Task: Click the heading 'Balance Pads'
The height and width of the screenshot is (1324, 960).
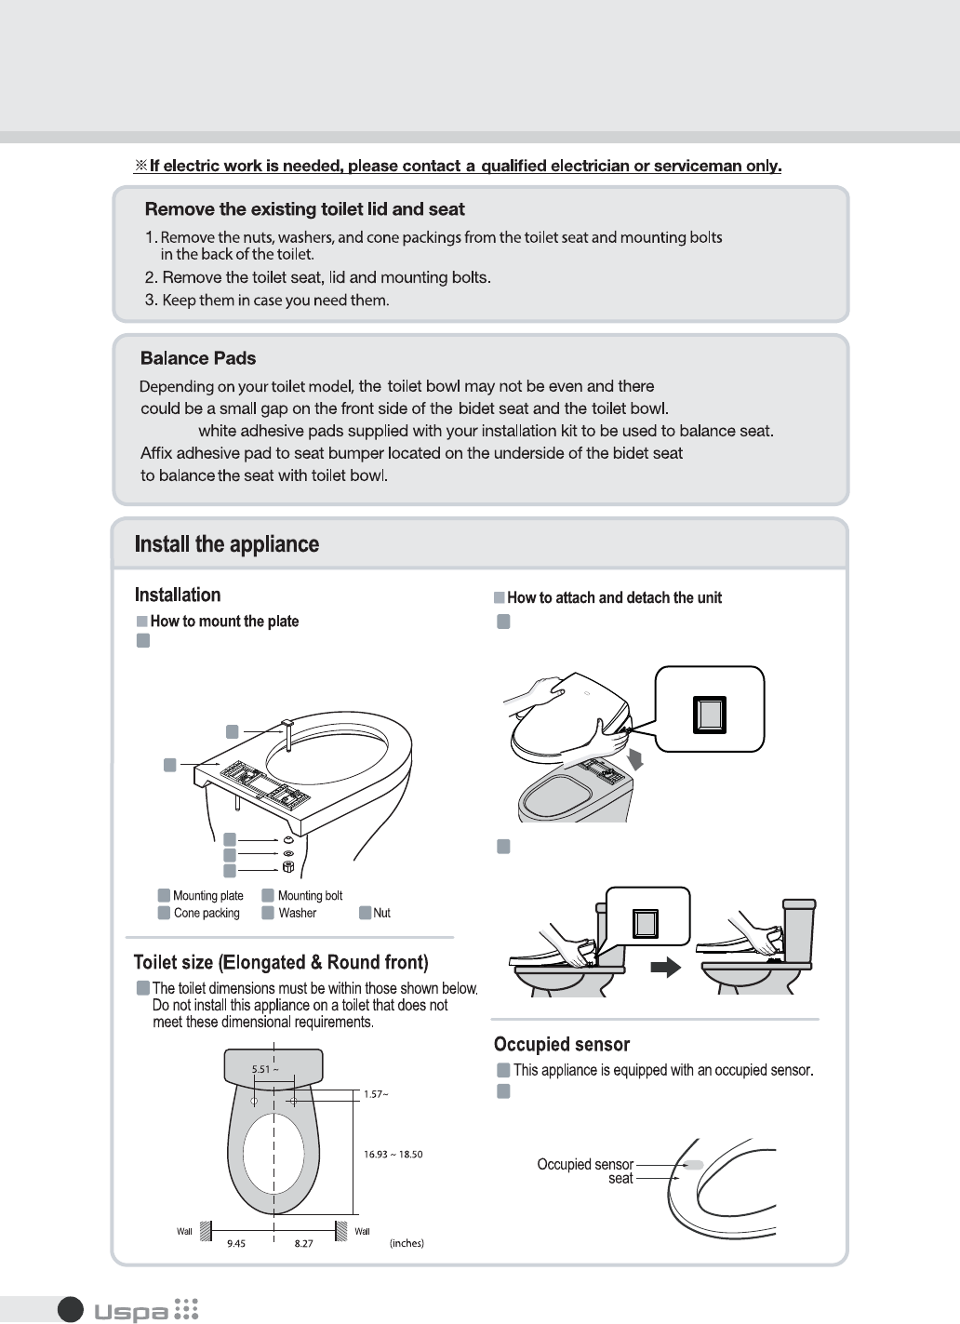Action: click(198, 358)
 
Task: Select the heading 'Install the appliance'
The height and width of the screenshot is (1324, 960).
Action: click(227, 543)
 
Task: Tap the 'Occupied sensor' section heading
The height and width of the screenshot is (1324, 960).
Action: click(562, 1044)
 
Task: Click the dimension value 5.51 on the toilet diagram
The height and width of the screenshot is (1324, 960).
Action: click(261, 1069)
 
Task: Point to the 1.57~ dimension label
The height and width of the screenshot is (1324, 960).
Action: click(376, 1094)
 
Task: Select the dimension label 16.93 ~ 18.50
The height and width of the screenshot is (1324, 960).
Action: click(393, 1155)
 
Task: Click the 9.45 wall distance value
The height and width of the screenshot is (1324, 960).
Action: click(235, 1244)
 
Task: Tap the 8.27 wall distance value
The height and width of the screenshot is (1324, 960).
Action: click(303, 1244)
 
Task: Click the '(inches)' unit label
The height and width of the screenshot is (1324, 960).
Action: click(407, 1243)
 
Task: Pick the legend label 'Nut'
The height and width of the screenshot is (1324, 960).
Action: click(381, 913)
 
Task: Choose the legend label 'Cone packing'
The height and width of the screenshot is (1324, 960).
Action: click(207, 913)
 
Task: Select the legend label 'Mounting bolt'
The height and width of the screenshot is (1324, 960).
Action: click(310, 895)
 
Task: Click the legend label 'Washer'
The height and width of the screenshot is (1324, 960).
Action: click(297, 913)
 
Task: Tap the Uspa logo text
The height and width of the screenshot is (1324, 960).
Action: click(131, 1312)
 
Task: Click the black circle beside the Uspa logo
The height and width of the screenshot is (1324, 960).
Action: click(71, 1310)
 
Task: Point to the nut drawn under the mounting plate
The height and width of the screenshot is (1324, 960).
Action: click(288, 867)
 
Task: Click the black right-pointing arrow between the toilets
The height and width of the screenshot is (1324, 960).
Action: click(665, 967)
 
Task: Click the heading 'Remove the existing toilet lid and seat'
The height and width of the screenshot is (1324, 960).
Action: click(305, 209)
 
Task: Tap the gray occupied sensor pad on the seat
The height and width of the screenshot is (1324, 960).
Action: click(694, 1165)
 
